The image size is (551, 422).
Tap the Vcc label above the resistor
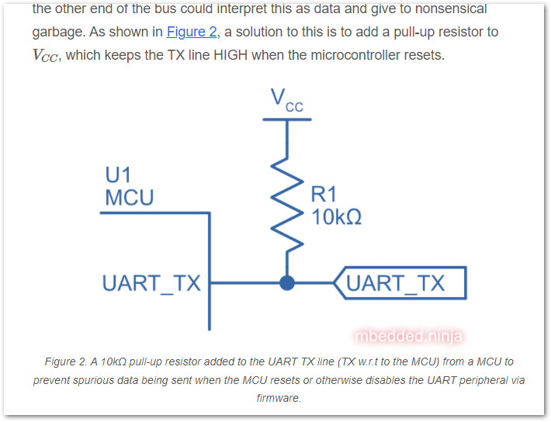point(286,100)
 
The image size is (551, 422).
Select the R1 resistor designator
point(324,195)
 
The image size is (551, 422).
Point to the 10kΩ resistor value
point(336,216)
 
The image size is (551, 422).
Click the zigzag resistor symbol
point(287,207)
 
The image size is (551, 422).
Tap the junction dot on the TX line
point(287,283)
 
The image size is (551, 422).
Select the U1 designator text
point(119,175)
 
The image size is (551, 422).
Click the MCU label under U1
point(130,198)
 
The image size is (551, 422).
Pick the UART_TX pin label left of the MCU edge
point(151,283)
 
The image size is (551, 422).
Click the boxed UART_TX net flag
point(400,283)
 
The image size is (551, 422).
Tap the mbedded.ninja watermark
point(408,336)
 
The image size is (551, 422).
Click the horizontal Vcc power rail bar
point(287,119)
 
